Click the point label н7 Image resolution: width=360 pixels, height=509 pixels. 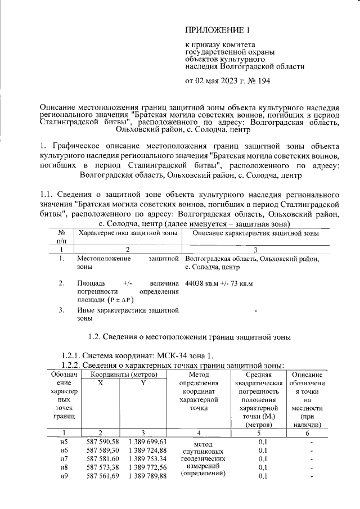64,459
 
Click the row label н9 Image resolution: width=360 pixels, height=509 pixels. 64,477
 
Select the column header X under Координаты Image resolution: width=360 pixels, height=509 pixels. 101,382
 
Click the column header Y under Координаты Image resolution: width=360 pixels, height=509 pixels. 143,382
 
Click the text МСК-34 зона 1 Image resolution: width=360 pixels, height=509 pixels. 183,355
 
